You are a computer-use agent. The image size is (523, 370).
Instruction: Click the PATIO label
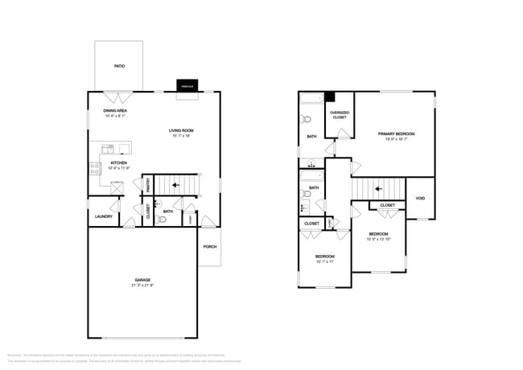118,68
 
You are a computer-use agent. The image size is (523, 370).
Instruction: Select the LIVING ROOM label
181,130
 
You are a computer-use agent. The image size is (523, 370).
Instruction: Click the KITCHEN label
118,163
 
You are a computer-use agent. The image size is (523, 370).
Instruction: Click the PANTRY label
147,184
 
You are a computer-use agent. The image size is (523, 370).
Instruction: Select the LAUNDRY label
103,216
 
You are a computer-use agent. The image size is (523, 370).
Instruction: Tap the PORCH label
209,246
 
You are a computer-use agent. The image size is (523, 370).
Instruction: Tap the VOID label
420,199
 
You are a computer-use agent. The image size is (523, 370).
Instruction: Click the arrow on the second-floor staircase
377,190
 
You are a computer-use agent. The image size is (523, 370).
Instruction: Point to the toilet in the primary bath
306,119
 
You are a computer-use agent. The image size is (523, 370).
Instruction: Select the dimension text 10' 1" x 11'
324,261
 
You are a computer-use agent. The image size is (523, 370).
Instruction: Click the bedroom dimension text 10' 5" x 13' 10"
378,239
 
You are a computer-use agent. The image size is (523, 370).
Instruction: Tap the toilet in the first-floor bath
162,218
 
